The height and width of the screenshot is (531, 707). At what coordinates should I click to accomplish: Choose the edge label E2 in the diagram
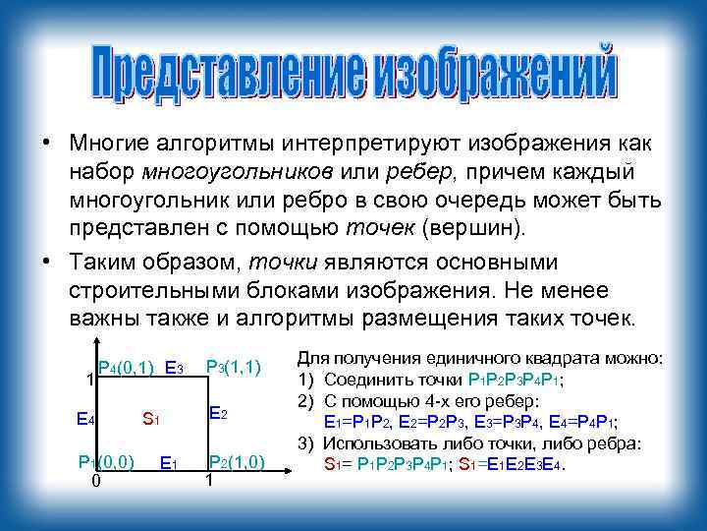point(219,414)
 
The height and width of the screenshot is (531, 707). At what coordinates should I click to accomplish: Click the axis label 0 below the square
point(94,481)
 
